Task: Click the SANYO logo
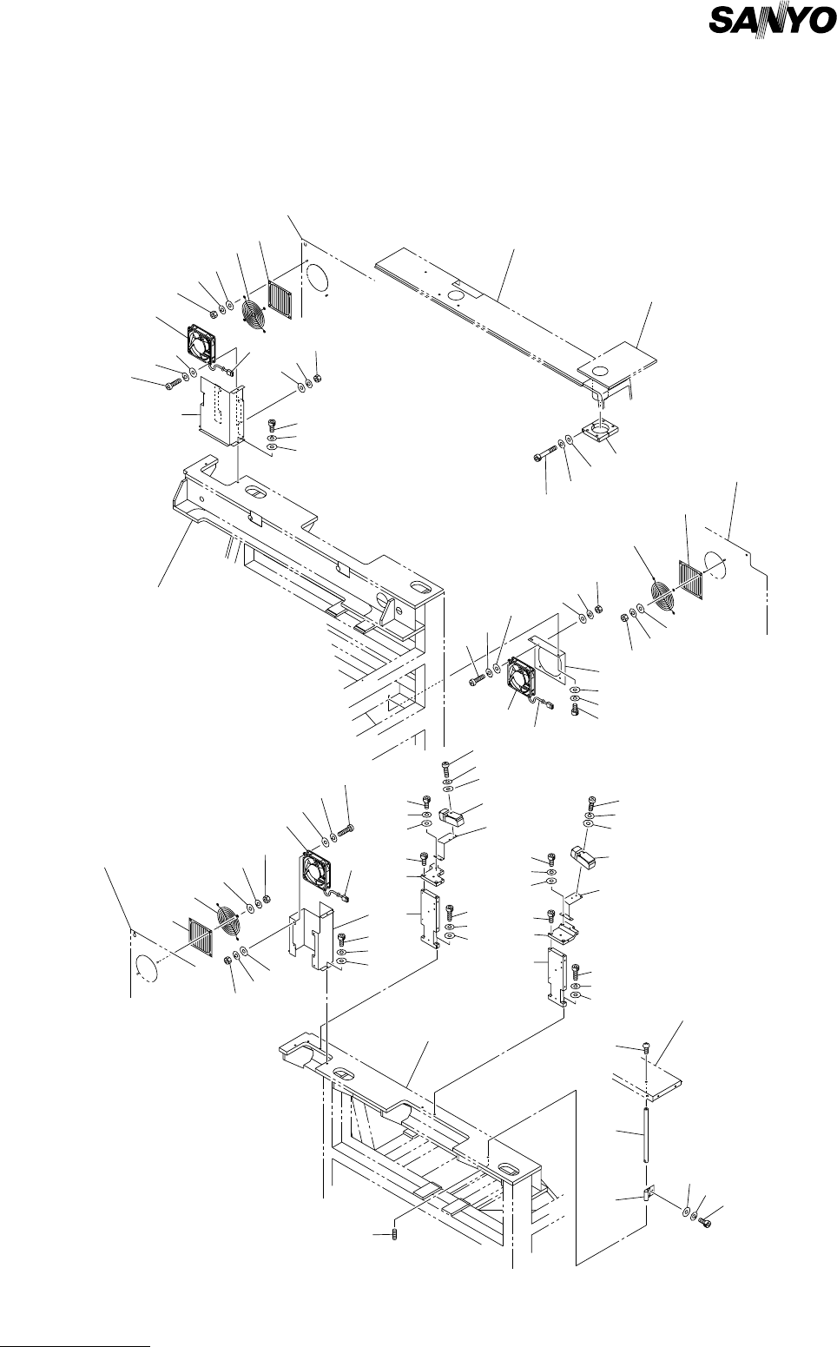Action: [771, 45]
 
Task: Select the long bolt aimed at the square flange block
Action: [544, 454]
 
